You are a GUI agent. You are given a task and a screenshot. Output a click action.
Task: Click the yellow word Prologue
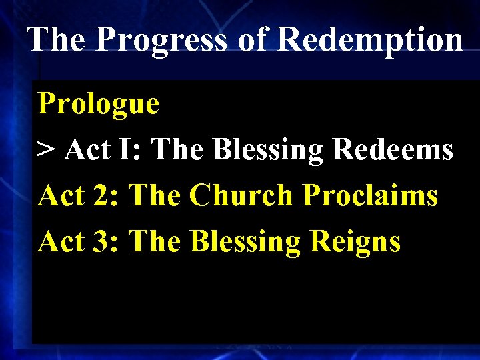pyautogui.click(x=99, y=104)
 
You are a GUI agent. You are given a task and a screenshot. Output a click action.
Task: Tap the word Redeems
pyautogui.click(x=393, y=150)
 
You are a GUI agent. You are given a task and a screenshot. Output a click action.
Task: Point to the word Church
pyautogui.click(x=241, y=196)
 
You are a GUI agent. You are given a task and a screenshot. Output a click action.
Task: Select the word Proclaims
pyautogui.click(x=370, y=196)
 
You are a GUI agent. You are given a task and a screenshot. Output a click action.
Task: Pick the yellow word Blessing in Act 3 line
pyautogui.click(x=245, y=242)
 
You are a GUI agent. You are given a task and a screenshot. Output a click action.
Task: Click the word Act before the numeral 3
pyautogui.click(x=62, y=241)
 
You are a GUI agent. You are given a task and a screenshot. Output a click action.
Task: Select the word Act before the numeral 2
pyautogui.click(x=62, y=196)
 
